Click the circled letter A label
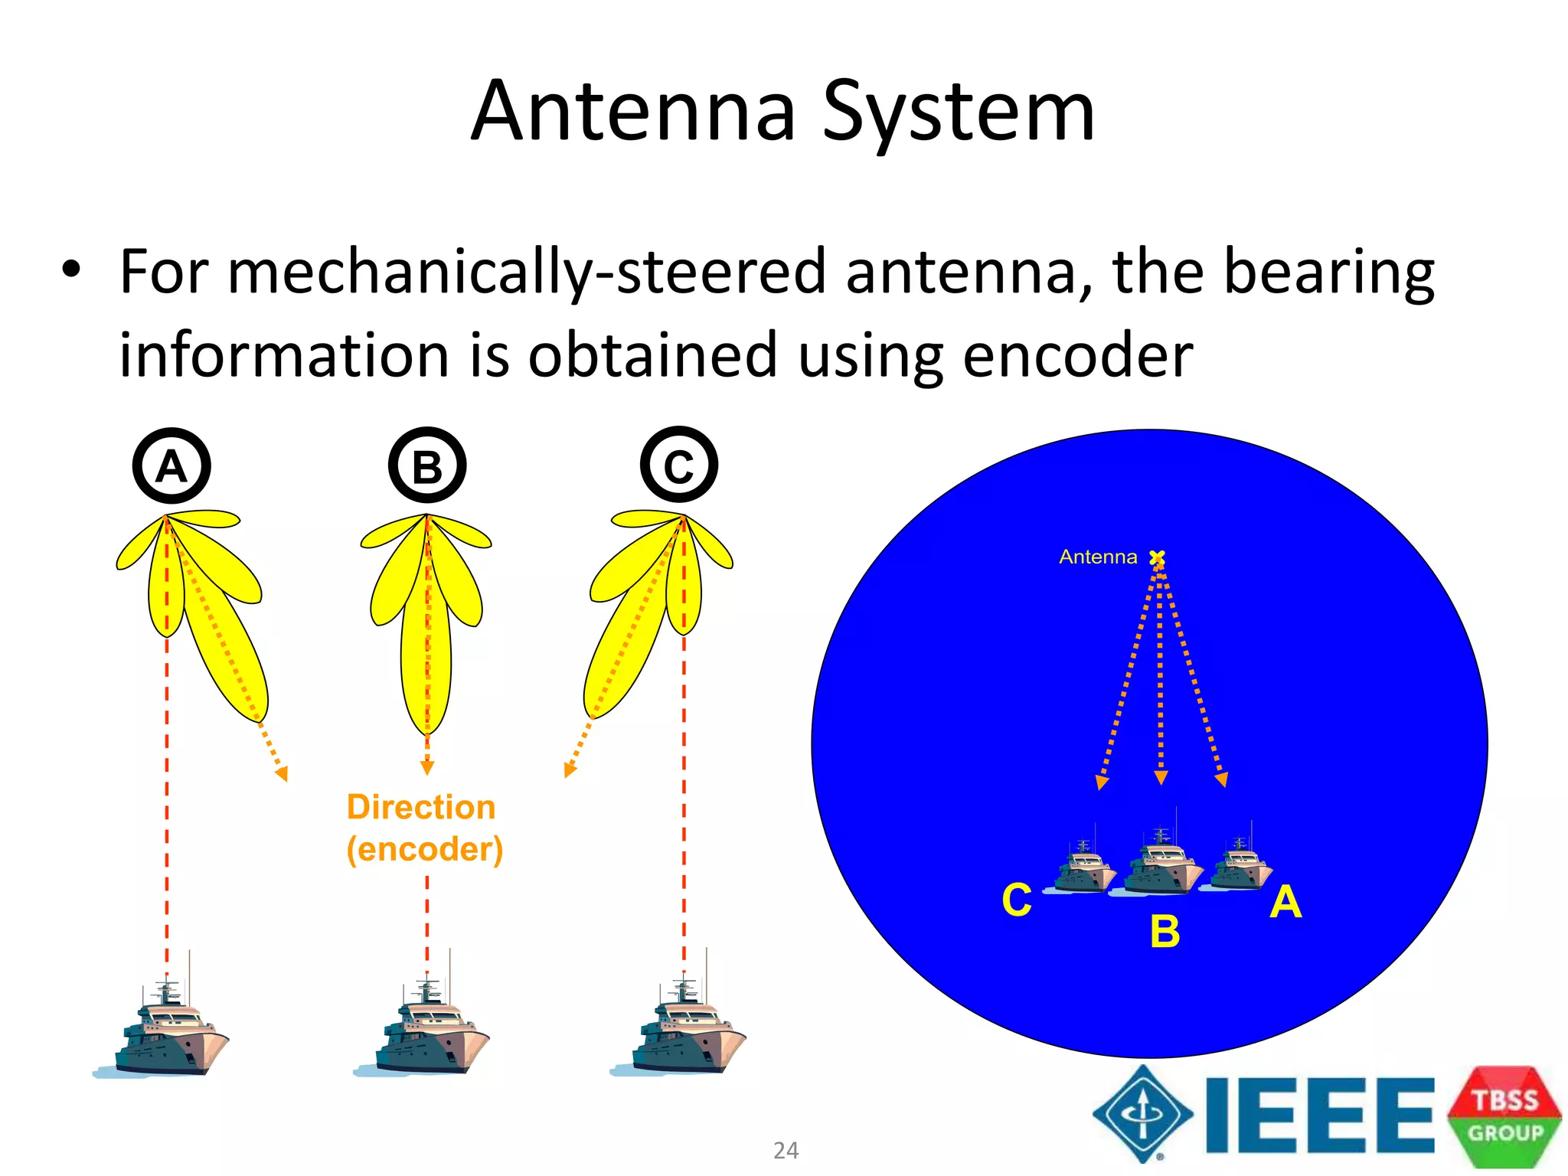[x=171, y=465]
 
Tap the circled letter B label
[x=427, y=465]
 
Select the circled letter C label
[x=679, y=465]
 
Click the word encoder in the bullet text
[x=1077, y=355]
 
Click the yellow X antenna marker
[x=1158, y=557]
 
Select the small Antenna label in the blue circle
[x=1098, y=557]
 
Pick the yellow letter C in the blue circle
[x=1017, y=900]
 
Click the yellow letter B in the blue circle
[x=1165, y=932]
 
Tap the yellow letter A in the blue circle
[x=1285, y=902]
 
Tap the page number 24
[x=786, y=1150]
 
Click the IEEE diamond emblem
[x=1143, y=1114]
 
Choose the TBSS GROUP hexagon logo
[x=1504, y=1116]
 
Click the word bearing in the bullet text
[x=1328, y=273]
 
